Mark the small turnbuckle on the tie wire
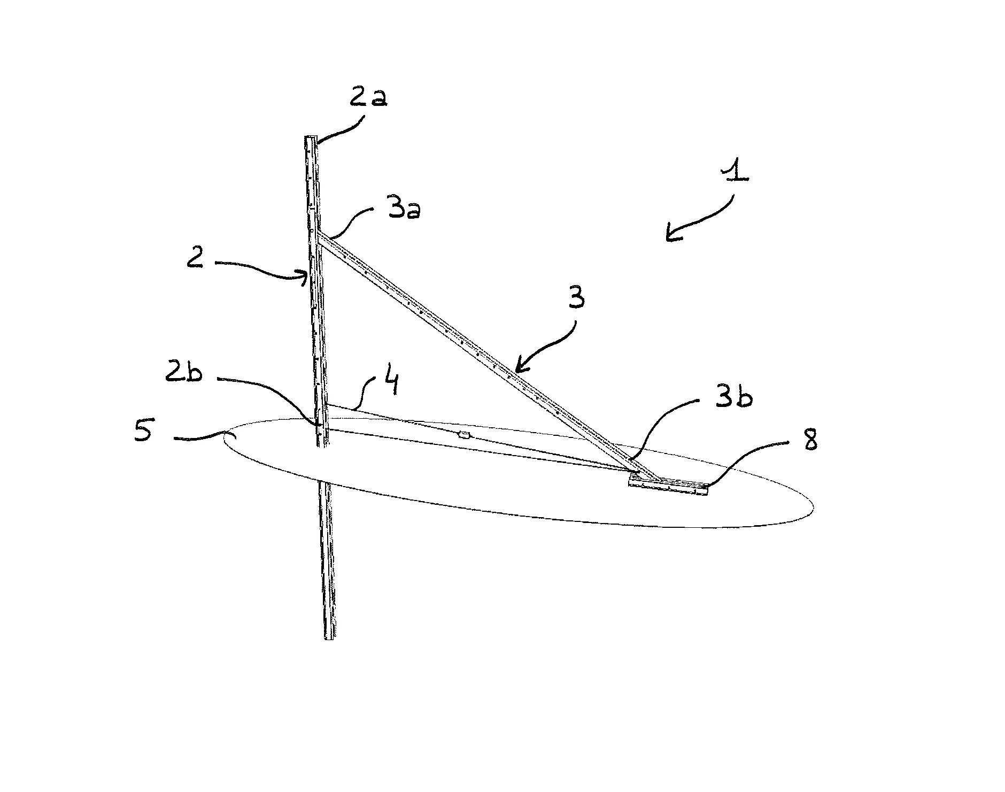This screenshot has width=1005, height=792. tap(464, 436)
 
